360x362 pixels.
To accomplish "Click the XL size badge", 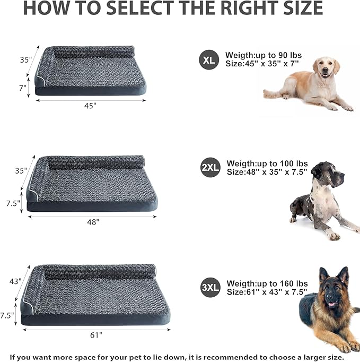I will tap(208, 59).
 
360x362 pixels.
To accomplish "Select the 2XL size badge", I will tap(210, 168).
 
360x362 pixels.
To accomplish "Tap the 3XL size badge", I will tap(210, 288).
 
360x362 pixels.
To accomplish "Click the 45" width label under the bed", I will tap(90, 106).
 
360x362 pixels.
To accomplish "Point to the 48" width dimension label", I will tap(93, 222).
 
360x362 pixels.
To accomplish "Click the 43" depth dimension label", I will tap(15, 281).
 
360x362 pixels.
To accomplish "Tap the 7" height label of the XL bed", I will tap(23, 88).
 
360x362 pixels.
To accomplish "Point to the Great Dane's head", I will tap(324, 174).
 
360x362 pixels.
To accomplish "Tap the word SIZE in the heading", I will tap(294, 8).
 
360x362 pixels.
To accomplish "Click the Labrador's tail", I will tap(270, 94).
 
